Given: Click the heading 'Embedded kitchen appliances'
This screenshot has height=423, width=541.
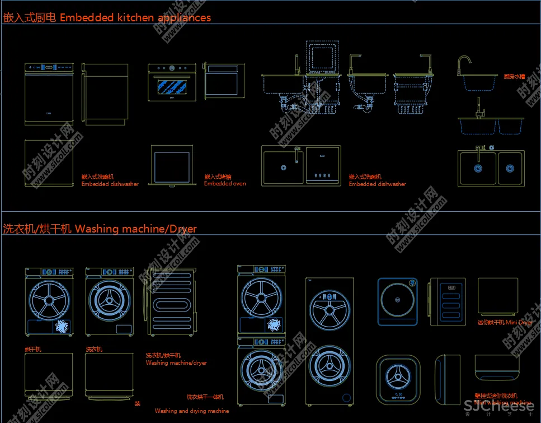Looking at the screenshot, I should (135, 17).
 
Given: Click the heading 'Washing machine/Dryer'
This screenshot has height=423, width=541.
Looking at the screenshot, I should (135, 229).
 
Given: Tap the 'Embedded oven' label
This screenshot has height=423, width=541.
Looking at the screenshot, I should (225, 184).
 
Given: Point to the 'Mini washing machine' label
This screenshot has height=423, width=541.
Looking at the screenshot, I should (503, 403).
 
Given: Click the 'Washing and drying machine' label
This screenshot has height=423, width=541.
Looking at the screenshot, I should (192, 411).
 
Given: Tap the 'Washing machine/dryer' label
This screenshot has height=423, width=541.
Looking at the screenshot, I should (176, 363).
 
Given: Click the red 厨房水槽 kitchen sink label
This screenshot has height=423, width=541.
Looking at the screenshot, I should (514, 77).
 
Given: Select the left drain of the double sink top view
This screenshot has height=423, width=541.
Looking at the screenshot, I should (478, 168).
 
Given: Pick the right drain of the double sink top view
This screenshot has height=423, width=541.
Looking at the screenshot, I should (510, 168).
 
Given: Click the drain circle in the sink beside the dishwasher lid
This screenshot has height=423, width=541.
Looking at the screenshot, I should (283, 167).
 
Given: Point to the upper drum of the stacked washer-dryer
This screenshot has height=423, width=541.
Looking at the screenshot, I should (261, 298).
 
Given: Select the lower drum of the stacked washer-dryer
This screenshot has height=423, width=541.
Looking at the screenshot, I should (261, 370).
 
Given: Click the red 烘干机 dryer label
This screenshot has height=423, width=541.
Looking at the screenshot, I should (33, 350).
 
